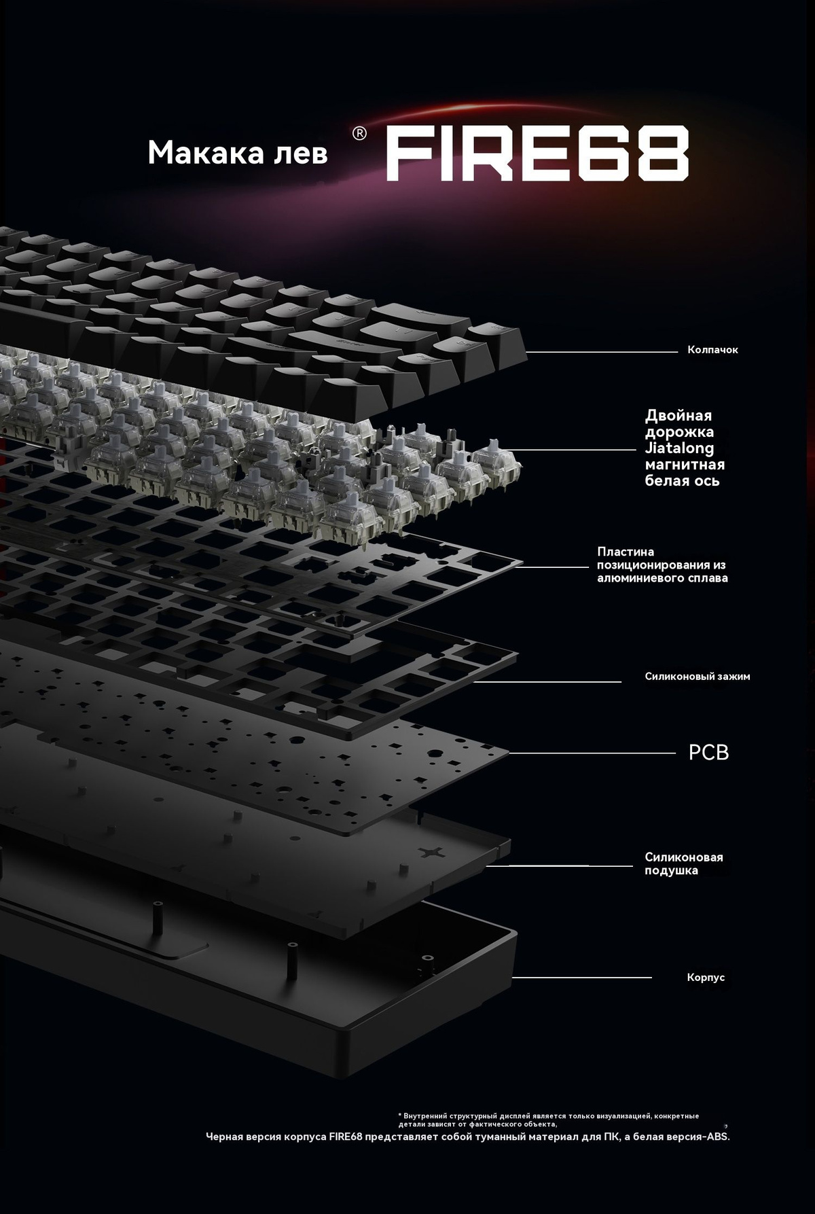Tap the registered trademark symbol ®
point(360,134)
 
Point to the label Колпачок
point(712,350)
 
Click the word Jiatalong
point(679,448)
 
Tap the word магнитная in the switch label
point(685,465)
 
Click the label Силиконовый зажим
point(698,677)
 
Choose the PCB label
point(708,753)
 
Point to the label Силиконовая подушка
point(684,864)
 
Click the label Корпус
point(706,978)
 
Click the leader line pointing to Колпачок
point(602,352)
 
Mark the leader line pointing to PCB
point(592,753)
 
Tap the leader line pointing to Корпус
point(582,978)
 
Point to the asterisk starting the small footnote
point(400,1115)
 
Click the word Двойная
point(678,416)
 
